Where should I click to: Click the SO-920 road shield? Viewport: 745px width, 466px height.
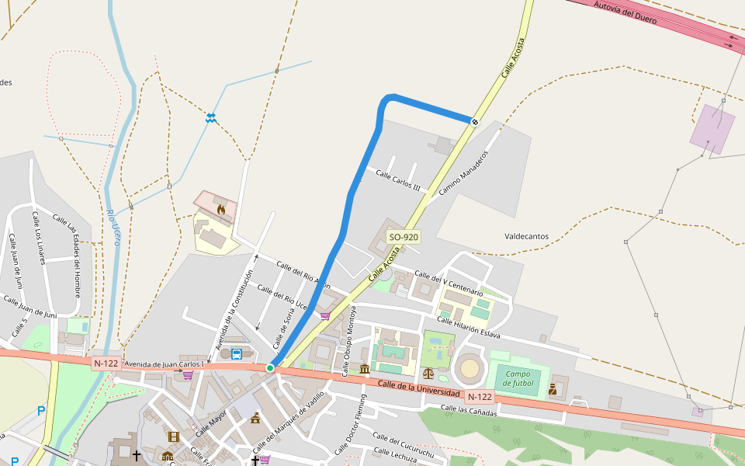[404, 237]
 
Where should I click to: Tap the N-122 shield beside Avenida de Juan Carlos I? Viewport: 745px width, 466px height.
[106, 363]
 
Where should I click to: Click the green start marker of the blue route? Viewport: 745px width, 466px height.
[270, 367]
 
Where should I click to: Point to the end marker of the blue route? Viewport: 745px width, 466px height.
[474, 121]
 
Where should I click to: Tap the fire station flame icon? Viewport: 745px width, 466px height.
[221, 209]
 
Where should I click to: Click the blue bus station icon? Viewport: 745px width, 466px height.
[236, 354]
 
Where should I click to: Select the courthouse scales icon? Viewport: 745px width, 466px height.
[429, 373]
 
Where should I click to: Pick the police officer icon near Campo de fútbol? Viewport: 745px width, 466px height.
[553, 388]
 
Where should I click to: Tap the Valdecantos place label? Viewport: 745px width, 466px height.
[526, 236]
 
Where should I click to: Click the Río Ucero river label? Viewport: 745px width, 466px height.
[113, 228]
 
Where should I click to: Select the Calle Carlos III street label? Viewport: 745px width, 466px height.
[398, 181]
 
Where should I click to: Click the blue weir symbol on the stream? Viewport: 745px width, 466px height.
[210, 117]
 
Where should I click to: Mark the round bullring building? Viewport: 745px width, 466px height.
[470, 368]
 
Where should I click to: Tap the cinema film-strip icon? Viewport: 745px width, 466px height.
[173, 436]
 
